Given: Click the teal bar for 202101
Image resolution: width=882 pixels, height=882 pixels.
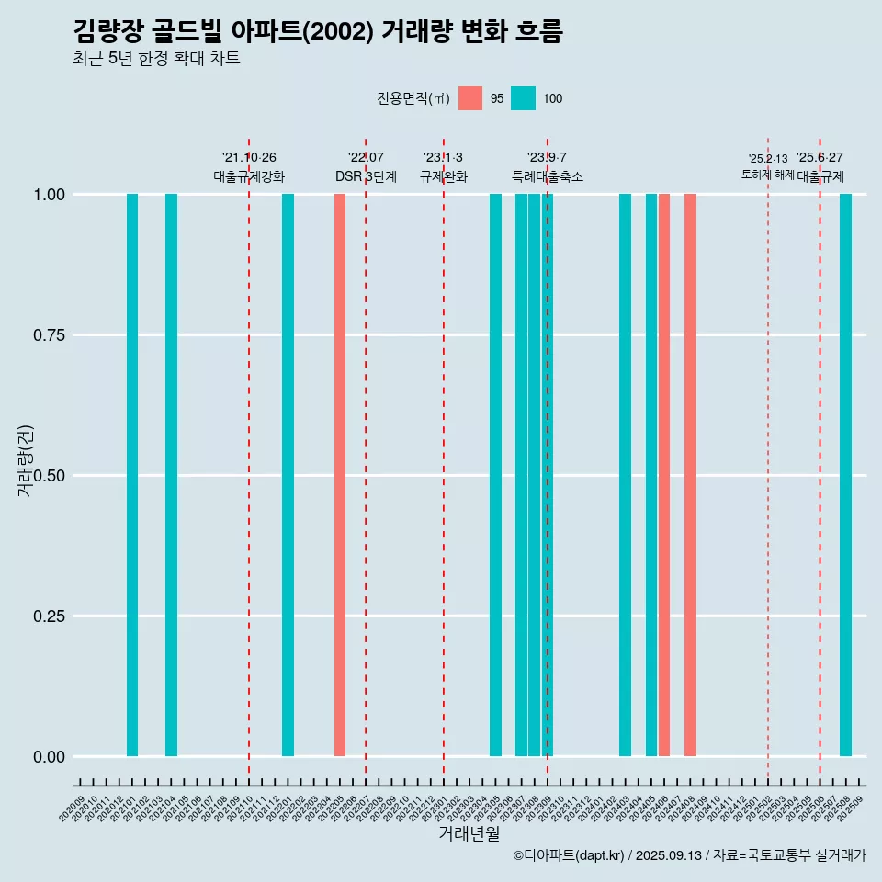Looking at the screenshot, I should pyautogui.click(x=132, y=475).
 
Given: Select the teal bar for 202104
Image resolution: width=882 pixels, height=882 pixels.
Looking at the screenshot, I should pyautogui.click(x=171, y=475).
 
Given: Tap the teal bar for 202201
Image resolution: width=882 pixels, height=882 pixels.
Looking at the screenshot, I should pyautogui.click(x=288, y=475).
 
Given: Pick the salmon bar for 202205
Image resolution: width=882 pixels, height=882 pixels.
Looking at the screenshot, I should pyautogui.click(x=340, y=475).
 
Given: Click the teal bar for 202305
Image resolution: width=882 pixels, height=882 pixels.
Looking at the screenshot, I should pyautogui.click(x=495, y=475).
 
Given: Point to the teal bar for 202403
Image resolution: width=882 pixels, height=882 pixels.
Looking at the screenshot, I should pyautogui.click(x=625, y=475).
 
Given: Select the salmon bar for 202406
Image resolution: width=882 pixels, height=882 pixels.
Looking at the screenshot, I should pyautogui.click(x=664, y=475).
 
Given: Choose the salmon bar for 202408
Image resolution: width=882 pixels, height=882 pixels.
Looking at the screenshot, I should pyautogui.click(x=690, y=475).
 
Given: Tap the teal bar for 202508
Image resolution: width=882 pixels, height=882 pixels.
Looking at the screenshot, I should pyautogui.click(x=845, y=475).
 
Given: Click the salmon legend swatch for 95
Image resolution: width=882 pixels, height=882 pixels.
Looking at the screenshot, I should pyautogui.click(x=470, y=98).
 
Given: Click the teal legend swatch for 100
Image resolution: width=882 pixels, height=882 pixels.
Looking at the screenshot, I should pyautogui.click(x=523, y=98).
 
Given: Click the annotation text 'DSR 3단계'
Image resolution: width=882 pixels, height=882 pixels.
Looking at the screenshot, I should pyautogui.click(x=366, y=176).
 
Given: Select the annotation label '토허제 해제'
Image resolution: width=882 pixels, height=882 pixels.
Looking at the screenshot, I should pyautogui.click(x=767, y=175).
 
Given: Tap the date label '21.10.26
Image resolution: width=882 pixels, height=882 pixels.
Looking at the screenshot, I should pyautogui.click(x=249, y=158).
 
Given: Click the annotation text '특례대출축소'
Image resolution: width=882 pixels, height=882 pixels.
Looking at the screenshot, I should pyautogui.click(x=548, y=176).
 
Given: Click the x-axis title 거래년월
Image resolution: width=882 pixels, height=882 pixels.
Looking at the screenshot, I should pyautogui.click(x=469, y=834).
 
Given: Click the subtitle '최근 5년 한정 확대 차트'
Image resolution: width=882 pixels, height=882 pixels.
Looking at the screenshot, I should pyautogui.click(x=156, y=59).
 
